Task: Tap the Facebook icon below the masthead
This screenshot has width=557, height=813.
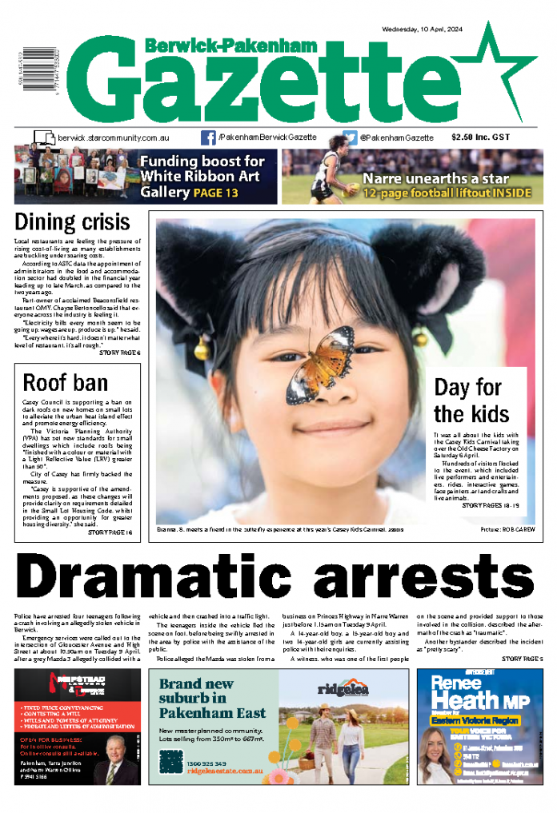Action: [208, 137]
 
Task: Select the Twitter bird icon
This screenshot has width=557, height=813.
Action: [351, 137]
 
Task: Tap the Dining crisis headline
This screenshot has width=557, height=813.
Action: [72, 222]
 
